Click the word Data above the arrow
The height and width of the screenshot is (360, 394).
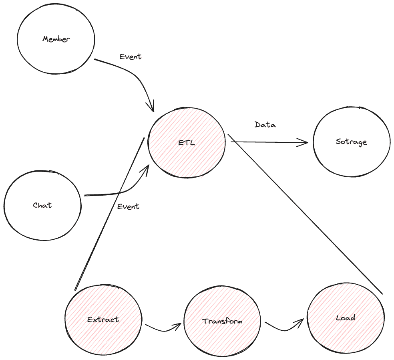point(265,125)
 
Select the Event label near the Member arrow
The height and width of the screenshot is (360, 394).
point(131,57)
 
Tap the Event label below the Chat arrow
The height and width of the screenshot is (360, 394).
point(128,206)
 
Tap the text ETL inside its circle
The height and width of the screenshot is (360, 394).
point(187,142)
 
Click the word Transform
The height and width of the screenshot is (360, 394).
point(222,321)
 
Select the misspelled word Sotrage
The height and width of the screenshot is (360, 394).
point(351,142)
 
